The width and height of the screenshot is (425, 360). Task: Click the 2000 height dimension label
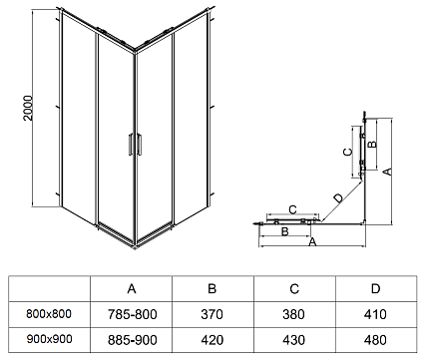coord(28,108)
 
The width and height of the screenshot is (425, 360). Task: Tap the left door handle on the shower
coord(131,144)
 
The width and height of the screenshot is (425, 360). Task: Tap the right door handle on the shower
coord(139,144)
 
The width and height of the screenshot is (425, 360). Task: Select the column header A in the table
coord(132,289)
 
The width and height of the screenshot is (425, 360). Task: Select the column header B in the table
coord(212,289)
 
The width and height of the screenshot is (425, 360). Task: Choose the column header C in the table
coord(294,289)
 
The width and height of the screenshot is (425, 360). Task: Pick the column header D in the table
coord(375,289)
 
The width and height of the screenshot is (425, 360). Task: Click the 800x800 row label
coord(49,314)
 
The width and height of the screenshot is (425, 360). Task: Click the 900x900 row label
coord(49,339)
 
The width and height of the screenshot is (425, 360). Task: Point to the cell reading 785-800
coord(132,314)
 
